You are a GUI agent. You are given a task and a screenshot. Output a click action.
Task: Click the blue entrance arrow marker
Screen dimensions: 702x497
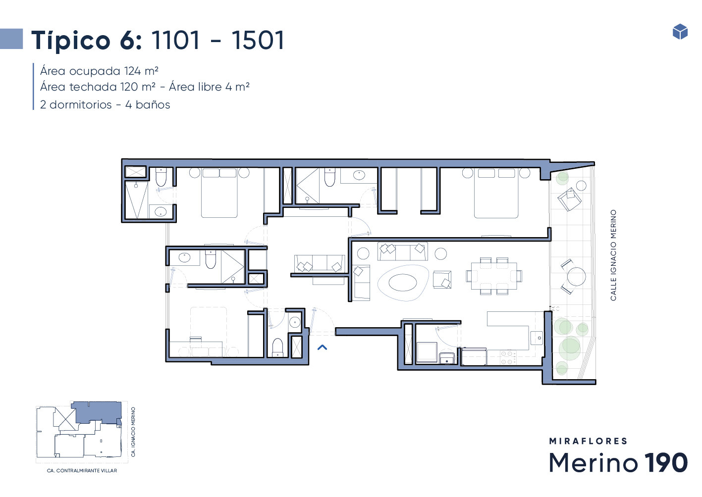click(322, 348)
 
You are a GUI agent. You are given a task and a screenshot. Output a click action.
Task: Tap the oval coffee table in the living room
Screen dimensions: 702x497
click(403, 283)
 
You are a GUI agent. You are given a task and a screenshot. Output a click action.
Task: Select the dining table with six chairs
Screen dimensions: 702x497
click(494, 276)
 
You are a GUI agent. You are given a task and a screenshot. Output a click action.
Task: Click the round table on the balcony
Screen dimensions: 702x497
click(577, 277)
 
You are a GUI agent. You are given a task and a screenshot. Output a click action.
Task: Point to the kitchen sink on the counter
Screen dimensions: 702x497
click(537, 338)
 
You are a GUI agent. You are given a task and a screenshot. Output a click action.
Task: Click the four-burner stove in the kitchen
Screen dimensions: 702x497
click(508, 357)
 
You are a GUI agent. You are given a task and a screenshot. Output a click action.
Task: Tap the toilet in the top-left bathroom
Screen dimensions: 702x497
click(161, 177)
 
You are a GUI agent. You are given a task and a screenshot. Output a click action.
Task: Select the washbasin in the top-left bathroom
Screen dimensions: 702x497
click(161, 211)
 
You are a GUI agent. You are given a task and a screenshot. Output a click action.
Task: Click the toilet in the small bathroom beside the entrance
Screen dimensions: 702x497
click(277, 348)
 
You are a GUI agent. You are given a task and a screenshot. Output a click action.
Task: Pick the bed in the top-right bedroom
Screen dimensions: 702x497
click(496, 193)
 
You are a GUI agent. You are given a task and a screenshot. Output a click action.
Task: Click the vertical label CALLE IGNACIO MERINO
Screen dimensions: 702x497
click(613, 255)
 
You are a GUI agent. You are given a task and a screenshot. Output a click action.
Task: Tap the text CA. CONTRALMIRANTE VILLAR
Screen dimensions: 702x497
click(82, 471)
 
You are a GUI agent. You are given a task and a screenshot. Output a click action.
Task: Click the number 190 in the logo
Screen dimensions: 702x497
click(666, 462)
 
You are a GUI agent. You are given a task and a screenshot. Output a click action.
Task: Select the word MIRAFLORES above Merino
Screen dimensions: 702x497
click(588, 441)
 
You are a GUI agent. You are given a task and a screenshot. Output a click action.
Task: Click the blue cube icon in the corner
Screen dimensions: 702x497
click(680, 32)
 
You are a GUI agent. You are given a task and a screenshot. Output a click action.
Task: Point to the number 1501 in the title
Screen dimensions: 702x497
click(258, 40)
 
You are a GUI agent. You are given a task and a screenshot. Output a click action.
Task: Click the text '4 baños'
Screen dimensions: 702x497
click(148, 104)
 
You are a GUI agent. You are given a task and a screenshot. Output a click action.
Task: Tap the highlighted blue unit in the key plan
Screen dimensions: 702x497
click(98, 412)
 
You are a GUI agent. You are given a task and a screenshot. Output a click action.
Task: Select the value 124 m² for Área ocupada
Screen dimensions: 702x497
click(141, 71)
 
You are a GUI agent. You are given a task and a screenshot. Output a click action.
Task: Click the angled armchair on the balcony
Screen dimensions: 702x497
click(569, 199)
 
